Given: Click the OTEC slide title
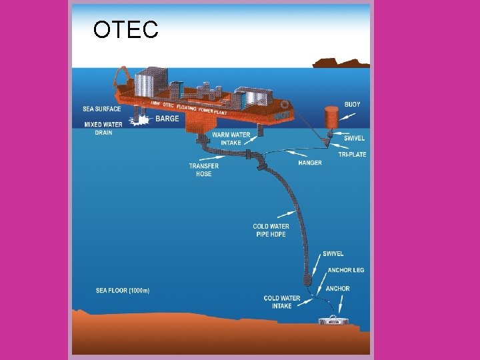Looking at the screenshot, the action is click(125, 30).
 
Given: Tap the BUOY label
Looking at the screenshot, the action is click(352, 105).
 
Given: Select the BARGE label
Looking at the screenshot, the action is click(167, 119).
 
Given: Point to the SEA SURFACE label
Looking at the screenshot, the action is click(101, 109).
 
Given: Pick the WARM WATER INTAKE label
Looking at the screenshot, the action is click(231, 139).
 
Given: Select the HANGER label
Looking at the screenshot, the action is click(310, 163).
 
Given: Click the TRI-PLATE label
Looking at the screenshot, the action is click(352, 155).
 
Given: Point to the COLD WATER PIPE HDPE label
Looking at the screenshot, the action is click(271, 231).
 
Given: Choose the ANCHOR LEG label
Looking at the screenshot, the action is click(346, 271).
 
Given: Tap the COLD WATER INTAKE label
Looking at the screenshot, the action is click(282, 302).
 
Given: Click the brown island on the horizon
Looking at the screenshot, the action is click(341, 63).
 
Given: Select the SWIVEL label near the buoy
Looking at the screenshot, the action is click(354, 138).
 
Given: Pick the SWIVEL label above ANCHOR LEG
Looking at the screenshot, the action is click(333, 254).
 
